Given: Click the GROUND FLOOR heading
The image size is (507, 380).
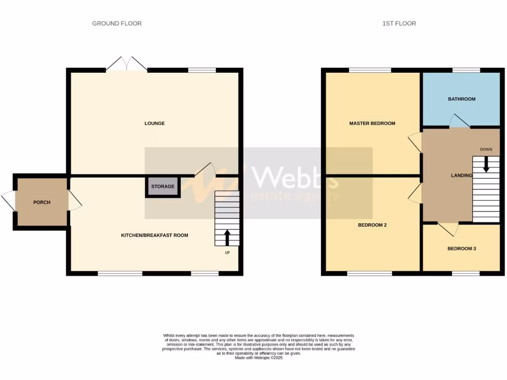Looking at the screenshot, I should click(x=117, y=23).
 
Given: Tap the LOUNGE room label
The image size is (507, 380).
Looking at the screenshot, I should click(x=154, y=123).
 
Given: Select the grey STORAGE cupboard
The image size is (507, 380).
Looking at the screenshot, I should click(x=163, y=187).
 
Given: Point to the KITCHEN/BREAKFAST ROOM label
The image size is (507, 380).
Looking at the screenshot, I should click(x=154, y=235).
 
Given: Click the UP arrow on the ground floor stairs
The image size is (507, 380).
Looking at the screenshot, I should click(x=227, y=237).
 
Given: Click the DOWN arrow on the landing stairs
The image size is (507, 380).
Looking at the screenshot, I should click(x=486, y=164).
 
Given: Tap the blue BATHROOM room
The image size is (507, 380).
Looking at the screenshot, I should click(x=461, y=99).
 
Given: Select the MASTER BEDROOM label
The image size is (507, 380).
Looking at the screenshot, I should click(x=372, y=123).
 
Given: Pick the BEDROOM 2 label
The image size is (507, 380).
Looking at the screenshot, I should click(x=372, y=225).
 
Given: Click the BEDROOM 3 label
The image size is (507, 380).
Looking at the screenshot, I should click(x=461, y=248).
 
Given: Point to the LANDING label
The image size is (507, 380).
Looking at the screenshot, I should click(x=461, y=175).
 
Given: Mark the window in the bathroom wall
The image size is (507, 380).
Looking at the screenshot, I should click(x=466, y=70).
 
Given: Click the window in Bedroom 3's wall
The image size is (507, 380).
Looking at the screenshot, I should click(x=465, y=273).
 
